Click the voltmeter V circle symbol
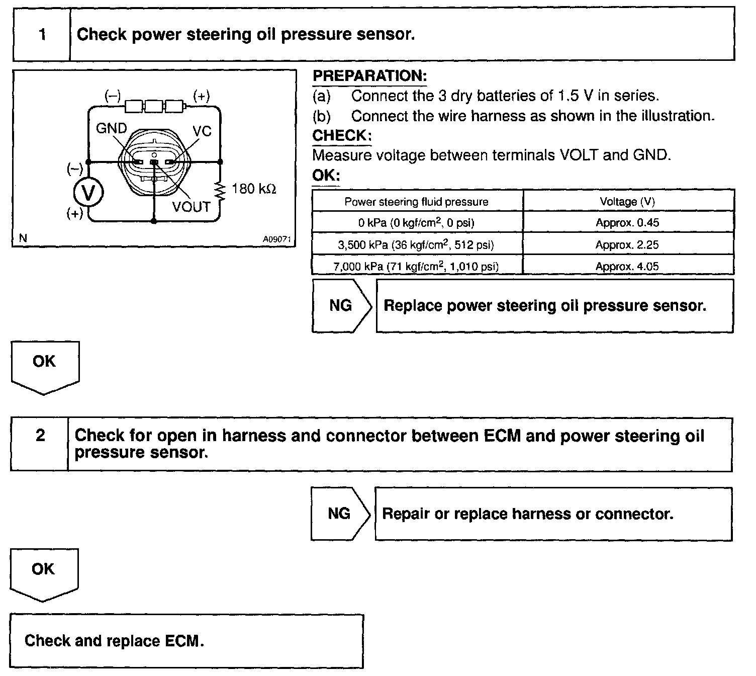point(88,193)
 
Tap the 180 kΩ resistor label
point(254,189)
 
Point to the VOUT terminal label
point(191,207)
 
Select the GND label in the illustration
point(111,129)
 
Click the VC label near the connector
point(202,131)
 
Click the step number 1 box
point(42,34)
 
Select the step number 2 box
point(40,436)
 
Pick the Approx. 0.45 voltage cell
point(627,223)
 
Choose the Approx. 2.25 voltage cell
point(627,245)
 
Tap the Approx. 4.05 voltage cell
point(627,266)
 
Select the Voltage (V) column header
point(627,202)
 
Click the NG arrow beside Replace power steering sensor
point(341,306)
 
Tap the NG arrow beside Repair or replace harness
point(340,514)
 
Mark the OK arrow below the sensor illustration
point(45,365)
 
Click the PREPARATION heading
point(369,76)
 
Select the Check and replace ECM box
point(186,641)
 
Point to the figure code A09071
point(277,239)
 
